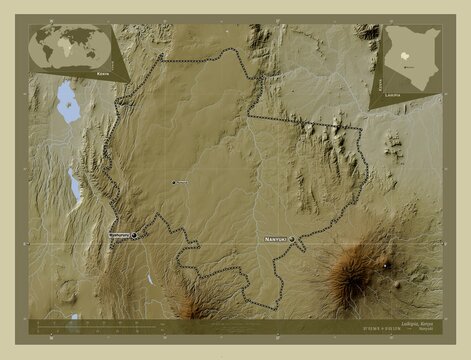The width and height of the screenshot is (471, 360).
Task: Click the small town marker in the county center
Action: pyautogui.click(x=173, y=183)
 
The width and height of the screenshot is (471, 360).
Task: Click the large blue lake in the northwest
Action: pyautogui.click(x=68, y=100)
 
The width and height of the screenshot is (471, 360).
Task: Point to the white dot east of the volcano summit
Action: pyautogui.click(x=387, y=266)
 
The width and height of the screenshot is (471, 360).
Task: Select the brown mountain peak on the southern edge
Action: pyautogui.click(x=192, y=299)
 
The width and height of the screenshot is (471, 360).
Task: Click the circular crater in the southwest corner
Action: pyautogui.click(x=67, y=292)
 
